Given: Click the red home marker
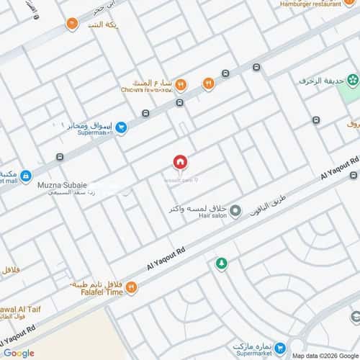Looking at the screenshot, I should [x=180, y=162].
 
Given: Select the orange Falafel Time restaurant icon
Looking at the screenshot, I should [x=131, y=287].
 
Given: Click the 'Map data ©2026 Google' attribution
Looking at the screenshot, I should [x=324, y=355].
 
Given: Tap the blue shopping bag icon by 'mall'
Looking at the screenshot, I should [x=25, y=176].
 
